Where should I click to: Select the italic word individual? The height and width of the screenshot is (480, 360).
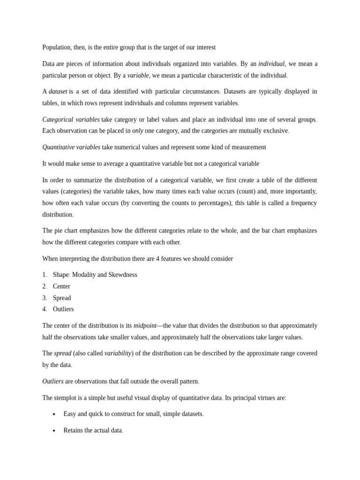(271, 64)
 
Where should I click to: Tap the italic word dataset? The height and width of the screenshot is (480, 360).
(58, 91)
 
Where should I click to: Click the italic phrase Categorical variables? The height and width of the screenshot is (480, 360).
(71, 120)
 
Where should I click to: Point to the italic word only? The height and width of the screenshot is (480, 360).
(138, 131)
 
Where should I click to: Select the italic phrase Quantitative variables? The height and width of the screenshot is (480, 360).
(71, 147)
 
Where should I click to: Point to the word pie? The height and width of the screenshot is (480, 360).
(60, 231)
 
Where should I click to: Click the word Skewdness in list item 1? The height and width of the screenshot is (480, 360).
(123, 275)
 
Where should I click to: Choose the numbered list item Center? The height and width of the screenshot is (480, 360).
(61, 286)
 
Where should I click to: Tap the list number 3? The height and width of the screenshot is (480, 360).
(45, 298)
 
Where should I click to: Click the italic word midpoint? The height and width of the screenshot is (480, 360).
(145, 326)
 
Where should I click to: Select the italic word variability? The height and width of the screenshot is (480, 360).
(118, 353)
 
